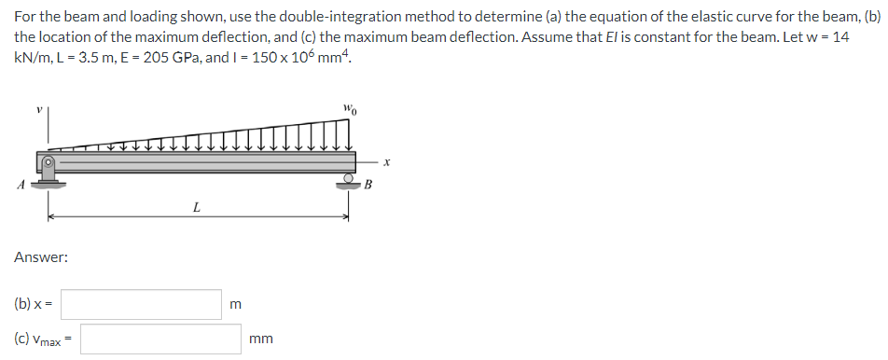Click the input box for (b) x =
pos(142,304)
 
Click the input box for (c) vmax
pos(160,339)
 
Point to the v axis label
pos(39,111)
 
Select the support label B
pos(368,184)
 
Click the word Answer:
pos(40,256)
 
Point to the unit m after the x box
pos(235,305)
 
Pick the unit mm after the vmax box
pos(261,340)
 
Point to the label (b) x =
pos(34,304)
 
